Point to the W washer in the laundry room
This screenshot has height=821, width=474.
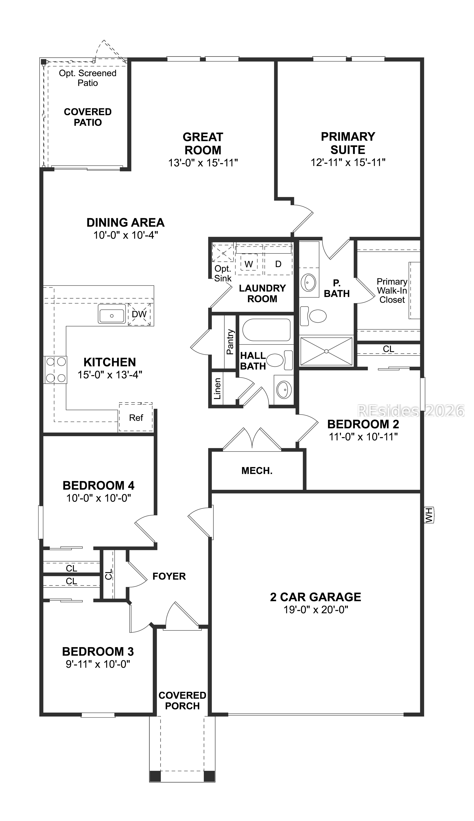click(x=249, y=264)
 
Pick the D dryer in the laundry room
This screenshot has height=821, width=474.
click(x=278, y=264)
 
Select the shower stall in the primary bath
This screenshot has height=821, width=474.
click(x=326, y=351)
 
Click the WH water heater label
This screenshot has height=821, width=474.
click(x=429, y=515)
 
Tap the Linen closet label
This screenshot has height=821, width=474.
click(x=217, y=388)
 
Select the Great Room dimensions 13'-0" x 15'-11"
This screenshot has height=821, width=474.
click(x=203, y=163)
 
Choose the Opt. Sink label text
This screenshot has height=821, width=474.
click(x=223, y=273)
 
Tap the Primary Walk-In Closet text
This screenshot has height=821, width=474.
click(x=392, y=291)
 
